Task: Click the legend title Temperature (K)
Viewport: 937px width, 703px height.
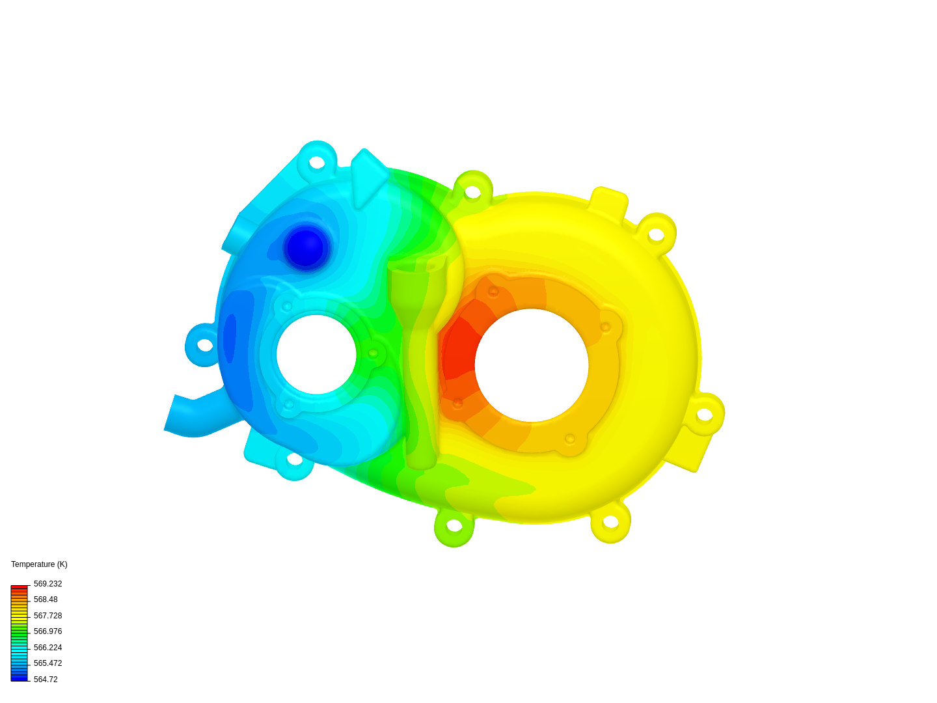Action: coord(39,564)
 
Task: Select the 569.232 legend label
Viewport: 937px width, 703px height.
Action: coord(48,584)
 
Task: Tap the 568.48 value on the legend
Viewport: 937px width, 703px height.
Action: coord(46,600)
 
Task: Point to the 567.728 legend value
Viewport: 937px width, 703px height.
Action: coord(48,616)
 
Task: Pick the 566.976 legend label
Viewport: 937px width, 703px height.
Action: coord(48,631)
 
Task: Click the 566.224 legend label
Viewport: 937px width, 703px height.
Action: coord(48,648)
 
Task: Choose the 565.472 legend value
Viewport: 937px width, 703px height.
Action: coord(48,663)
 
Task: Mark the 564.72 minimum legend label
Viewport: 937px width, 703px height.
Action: coord(46,680)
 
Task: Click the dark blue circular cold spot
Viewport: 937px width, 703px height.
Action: coord(305,248)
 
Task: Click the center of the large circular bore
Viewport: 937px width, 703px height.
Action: coord(532,365)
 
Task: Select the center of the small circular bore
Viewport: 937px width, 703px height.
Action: coord(316,355)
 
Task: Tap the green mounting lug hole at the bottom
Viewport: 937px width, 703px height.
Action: coord(454,525)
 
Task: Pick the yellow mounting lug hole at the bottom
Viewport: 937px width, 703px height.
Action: coord(610,521)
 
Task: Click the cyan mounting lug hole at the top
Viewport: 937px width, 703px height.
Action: coord(317,162)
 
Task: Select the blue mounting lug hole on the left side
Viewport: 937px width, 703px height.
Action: coord(205,345)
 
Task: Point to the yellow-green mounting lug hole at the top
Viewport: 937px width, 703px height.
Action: coord(472,192)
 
